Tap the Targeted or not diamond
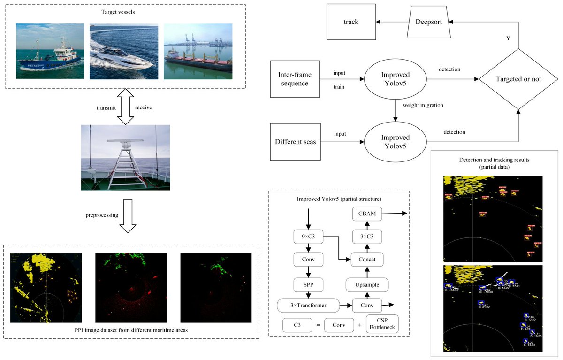518,79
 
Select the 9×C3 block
308,237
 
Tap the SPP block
308,284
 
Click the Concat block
367,258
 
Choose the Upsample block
367,284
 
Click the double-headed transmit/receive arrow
125,107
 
